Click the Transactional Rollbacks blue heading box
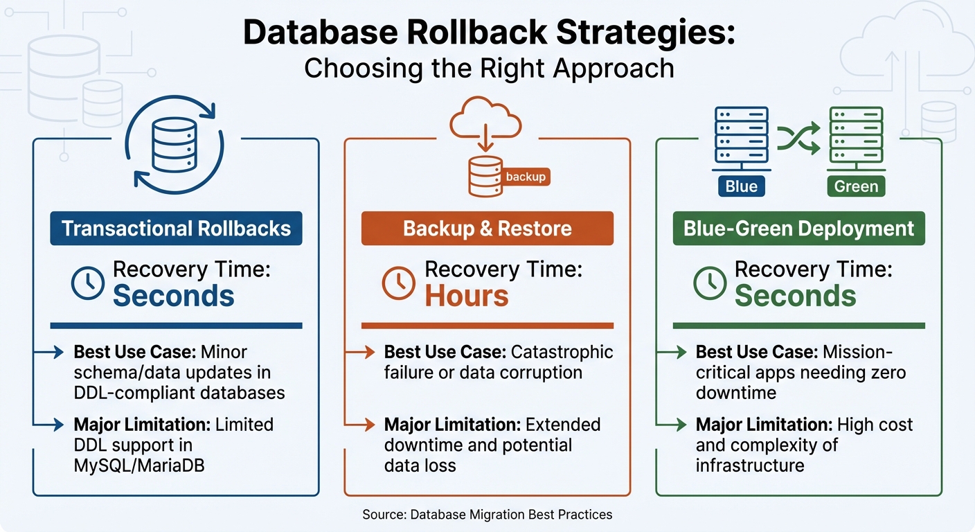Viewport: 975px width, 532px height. coord(176,229)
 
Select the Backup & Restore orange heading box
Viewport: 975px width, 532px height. coord(487,229)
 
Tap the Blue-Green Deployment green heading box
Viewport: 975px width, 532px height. coord(798,229)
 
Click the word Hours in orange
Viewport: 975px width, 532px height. coord(467,296)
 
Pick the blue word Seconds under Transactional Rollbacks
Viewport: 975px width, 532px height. coord(174,296)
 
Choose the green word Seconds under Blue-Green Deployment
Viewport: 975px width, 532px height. coord(796,296)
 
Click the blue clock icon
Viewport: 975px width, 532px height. coord(88,284)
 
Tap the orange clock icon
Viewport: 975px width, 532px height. coord(399,284)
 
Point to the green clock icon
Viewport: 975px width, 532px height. coord(710,284)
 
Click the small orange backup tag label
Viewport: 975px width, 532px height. coord(526,177)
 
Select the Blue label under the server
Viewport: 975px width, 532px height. coord(741,186)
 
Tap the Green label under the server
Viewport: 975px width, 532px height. coord(856,186)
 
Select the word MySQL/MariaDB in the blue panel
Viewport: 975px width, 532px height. coord(139,465)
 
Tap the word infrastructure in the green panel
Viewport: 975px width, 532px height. coord(750,465)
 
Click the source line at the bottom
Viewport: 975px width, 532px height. coord(487,515)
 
